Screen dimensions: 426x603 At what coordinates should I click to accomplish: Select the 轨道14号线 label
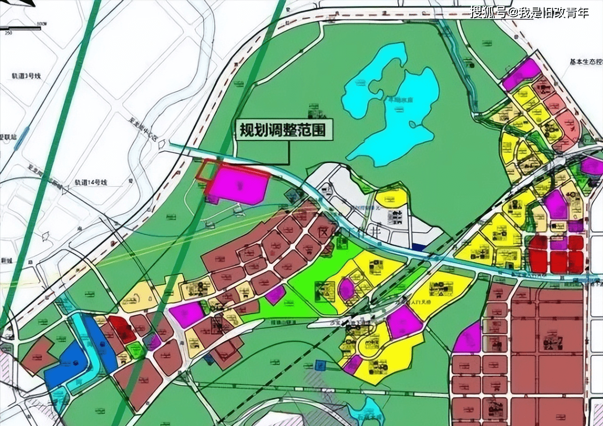[91, 182]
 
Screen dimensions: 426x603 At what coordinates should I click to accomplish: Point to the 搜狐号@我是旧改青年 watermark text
[529, 12]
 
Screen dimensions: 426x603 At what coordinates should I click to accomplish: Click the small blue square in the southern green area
[321, 365]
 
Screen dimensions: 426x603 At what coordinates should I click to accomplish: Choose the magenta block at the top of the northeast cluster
[521, 74]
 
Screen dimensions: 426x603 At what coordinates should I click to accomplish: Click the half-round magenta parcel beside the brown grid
[468, 338]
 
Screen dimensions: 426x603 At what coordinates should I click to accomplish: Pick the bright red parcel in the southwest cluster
[121, 329]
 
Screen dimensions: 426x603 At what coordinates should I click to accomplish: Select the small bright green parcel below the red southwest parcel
[135, 350]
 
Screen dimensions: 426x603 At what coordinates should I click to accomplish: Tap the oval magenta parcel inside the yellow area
[347, 288]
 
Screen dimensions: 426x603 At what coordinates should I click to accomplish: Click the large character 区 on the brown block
[323, 232]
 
